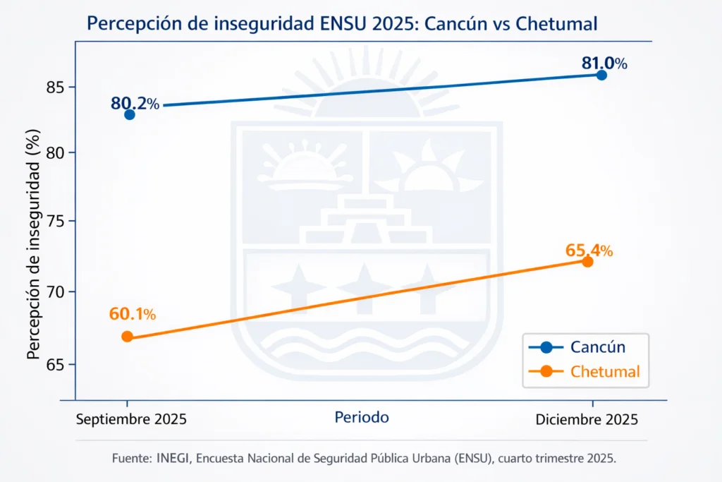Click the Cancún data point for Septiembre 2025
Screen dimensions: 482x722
pyautogui.click(x=130, y=114)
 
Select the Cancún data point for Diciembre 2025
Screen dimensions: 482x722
pyautogui.click(x=601, y=75)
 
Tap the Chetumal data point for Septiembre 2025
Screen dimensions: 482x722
pyautogui.click(x=127, y=337)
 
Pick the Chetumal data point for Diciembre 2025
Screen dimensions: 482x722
pyautogui.click(x=587, y=261)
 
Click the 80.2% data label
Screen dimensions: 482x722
pyautogui.click(x=135, y=104)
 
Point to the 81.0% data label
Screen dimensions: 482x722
pyautogui.click(x=604, y=63)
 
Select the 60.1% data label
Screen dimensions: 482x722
pyautogui.click(x=133, y=313)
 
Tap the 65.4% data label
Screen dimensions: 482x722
pyautogui.click(x=589, y=250)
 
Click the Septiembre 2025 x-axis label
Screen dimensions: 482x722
pyautogui.click(x=130, y=419)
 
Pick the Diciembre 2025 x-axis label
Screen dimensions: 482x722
pyautogui.click(x=587, y=419)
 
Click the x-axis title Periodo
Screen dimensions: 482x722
pyautogui.click(x=362, y=418)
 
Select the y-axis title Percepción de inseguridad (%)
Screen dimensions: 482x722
pyautogui.click(x=32, y=244)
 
